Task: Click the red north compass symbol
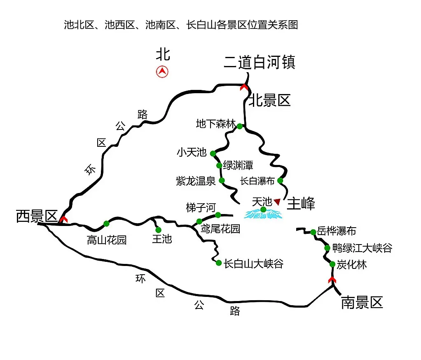point(162,72)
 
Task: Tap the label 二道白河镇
point(260,62)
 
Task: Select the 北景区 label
point(270,101)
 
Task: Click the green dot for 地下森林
point(240,126)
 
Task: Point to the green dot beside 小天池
point(213,153)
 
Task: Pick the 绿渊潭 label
point(238,165)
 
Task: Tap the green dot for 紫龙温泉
point(222,180)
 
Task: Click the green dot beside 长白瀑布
point(280,180)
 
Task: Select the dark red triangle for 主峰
point(277,202)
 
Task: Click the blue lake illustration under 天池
point(263,214)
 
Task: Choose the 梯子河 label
point(201,207)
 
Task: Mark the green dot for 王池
point(159,230)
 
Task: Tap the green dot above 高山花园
point(106,224)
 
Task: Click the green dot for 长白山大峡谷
point(219,263)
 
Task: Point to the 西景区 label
point(37,216)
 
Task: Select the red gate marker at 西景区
point(63,219)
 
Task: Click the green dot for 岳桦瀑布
point(313,232)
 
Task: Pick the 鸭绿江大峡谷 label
point(362,248)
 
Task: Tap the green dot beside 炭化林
point(332,264)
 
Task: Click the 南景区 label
point(362,302)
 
